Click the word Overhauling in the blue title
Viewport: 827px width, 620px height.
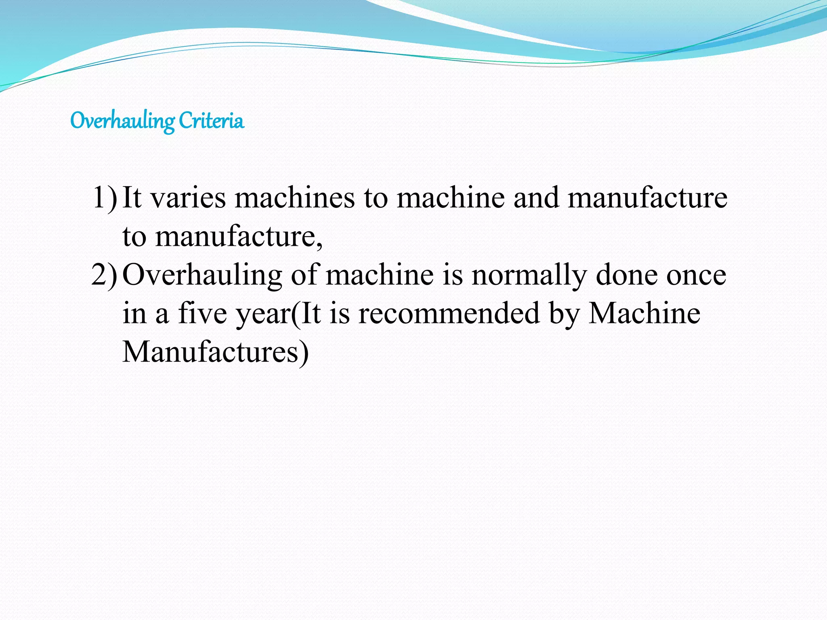(x=122, y=121)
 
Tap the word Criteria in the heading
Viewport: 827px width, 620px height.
(x=211, y=120)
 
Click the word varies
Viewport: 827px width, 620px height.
(x=188, y=198)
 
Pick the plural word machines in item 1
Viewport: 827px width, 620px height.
(x=295, y=198)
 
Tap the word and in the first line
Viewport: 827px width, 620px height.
(x=536, y=198)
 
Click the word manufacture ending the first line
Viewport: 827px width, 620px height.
(x=647, y=198)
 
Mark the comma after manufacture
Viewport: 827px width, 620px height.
(x=319, y=244)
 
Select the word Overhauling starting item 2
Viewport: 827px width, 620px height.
(x=202, y=276)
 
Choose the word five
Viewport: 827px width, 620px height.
(x=203, y=313)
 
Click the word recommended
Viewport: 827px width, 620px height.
(x=449, y=313)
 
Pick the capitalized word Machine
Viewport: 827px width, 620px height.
(x=644, y=313)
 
